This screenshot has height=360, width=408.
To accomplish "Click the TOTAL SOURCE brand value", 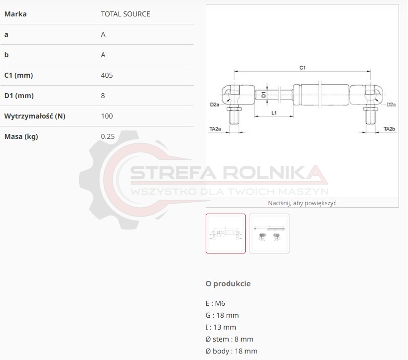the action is coord(126,14).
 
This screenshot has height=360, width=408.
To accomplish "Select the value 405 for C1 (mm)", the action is coord(107,75).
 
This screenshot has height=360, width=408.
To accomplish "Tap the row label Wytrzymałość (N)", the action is coord(34,116).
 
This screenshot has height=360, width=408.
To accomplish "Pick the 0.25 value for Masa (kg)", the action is coord(108,136).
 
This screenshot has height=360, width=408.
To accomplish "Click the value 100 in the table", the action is coord(107,116).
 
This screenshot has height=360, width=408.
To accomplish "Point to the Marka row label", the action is coord(15,14).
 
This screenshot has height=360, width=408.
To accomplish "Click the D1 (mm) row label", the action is coord(19,96).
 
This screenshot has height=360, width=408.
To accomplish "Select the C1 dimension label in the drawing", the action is coord(302,68).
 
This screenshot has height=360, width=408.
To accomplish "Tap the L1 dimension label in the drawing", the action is coord(274,113).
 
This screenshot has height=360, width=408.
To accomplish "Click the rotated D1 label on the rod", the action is coord(264,95).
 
